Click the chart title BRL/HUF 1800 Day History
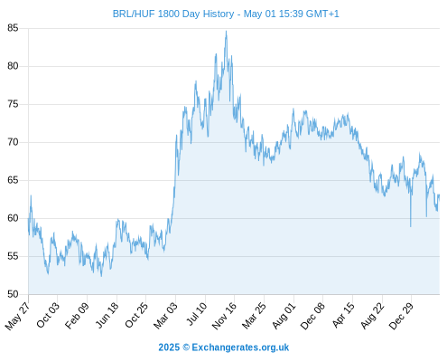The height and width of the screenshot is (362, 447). [x=173, y=14]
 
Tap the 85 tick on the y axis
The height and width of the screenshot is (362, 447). [x=13, y=28]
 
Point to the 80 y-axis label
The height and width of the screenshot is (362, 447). [x=13, y=66]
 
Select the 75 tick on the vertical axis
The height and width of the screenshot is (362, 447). [x=13, y=104]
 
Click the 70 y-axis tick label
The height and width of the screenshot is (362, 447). [x=13, y=142]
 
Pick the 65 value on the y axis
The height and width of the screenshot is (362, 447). [x=13, y=180]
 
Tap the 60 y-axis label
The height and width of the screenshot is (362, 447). [x=13, y=218]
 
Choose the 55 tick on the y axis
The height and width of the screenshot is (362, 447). [x=13, y=256]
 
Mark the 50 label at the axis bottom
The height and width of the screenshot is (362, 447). [x=13, y=294]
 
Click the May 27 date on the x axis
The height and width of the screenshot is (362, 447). [x=17, y=316]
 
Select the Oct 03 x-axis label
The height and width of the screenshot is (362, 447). [x=48, y=315]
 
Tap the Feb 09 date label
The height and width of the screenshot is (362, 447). [x=77, y=315]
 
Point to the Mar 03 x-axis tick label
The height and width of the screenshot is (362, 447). [x=166, y=315]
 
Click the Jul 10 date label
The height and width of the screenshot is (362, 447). [x=197, y=314]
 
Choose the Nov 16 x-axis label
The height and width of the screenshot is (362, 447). [x=224, y=316]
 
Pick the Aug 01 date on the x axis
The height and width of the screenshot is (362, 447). [x=284, y=315]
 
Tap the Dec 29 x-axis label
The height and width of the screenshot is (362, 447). [x=401, y=316]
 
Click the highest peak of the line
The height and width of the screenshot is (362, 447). [x=227, y=31]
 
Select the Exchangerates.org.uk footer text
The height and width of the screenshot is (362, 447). [x=240, y=348]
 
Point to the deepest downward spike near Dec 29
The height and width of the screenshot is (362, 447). [x=411, y=226]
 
